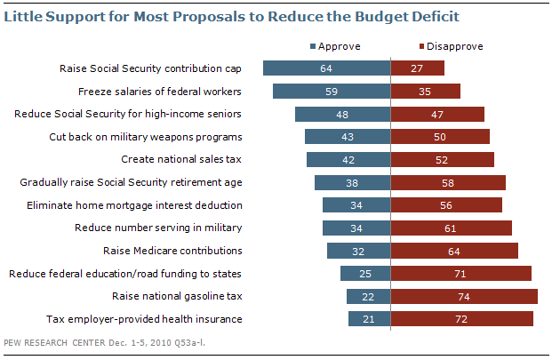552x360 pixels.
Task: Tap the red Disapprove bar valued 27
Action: click(418, 68)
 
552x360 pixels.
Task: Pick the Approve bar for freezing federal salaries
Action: click(332, 91)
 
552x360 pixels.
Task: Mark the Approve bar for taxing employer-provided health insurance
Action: click(369, 319)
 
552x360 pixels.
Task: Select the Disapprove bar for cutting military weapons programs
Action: click(441, 137)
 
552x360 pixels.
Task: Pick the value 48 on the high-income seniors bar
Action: click(343, 114)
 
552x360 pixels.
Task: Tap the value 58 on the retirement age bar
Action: click(449, 182)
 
